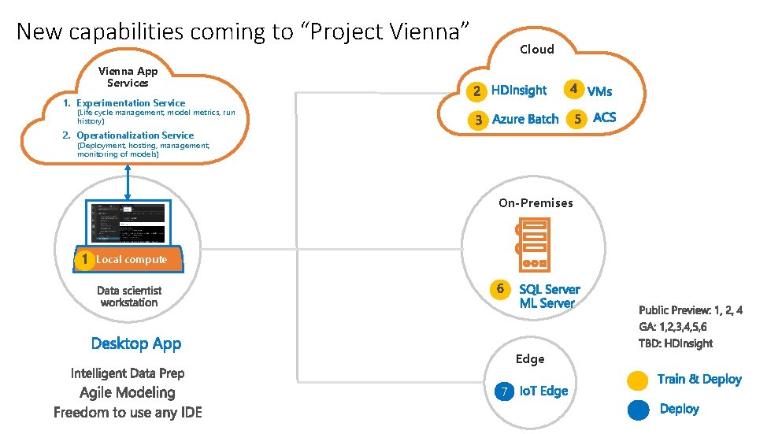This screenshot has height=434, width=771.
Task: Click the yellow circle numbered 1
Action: tap(83, 259)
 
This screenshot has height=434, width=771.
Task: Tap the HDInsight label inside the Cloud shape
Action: tap(518, 91)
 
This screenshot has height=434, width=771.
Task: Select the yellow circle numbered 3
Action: tap(476, 121)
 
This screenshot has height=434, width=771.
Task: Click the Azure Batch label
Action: tap(525, 120)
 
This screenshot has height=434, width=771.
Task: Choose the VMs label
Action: tap(599, 91)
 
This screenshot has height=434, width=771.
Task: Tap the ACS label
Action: tap(604, 118)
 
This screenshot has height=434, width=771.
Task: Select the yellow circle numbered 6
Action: tap(500, 289)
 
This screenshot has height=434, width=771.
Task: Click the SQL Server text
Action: tap(549, 289)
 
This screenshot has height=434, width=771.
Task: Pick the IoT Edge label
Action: tap(543, 391)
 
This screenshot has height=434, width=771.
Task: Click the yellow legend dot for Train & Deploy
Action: tap(638, 380)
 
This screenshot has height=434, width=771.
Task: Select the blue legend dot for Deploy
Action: tap(638, 410)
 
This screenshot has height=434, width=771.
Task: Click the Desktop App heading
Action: tap(136, 343)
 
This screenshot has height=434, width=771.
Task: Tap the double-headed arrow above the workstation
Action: tap(128, 182)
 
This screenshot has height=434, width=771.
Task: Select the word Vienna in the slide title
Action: tap(424, 32)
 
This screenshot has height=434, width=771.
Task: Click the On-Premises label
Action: tap(536, 203)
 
